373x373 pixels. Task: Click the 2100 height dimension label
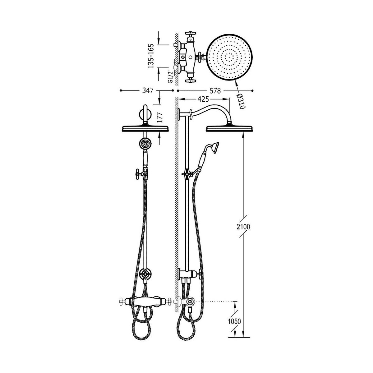point(243,227)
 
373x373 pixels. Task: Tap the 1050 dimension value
point(234,321)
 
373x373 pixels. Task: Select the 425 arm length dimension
point(203,99)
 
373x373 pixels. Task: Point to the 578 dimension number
point(215,90)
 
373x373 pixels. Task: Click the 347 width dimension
point(148,90)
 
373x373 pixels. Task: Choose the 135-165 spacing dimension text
point(151,56)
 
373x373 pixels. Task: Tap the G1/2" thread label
point(170,76)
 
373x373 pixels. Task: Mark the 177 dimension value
point(160,117)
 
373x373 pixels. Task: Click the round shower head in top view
point(230,58)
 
